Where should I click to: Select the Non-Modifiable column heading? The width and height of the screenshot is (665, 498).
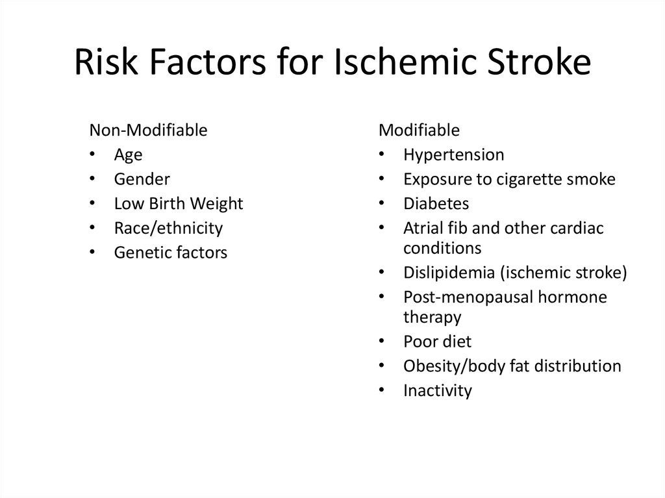coord(148,130)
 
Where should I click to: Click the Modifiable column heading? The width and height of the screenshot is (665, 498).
coord(419,130)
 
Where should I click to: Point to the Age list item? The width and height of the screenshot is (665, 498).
coord(128,155)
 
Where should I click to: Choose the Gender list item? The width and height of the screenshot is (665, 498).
coord(142,179)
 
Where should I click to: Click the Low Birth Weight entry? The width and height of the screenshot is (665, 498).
coord(178,203)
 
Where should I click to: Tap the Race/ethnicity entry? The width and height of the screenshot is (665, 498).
coord(168,228)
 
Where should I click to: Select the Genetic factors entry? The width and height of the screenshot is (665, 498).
coord(170,253)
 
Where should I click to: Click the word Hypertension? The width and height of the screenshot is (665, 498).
coord(453,155)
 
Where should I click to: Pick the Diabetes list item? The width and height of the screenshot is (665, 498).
coord(436,203)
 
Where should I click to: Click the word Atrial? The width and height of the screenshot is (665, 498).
coord(423,228)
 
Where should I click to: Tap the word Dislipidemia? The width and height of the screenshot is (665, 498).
coord(449,272)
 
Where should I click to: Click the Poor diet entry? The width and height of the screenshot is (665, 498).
coord(437,342)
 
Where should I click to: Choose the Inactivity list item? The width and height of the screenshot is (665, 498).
coord(437,390)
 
